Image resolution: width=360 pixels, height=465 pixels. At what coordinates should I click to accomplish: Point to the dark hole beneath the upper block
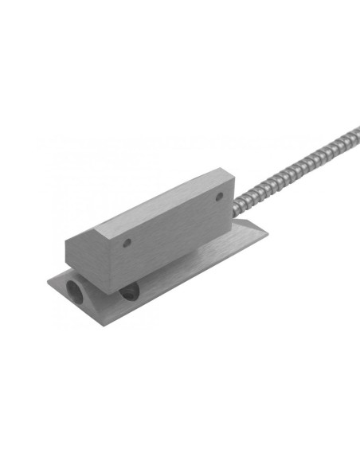tap(128, 295)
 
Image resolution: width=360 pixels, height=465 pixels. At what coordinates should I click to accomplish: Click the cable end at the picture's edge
tap(355, 129)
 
